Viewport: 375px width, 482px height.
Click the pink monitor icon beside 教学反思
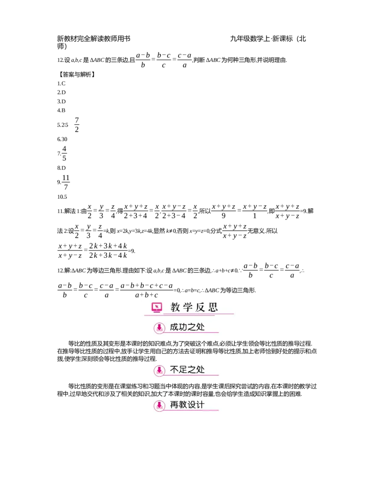click(157, 308)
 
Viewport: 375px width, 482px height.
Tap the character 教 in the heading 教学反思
click(175, 308)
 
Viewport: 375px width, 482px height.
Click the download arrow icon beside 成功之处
click(159, 328)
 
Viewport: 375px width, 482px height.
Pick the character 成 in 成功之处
click(174, 327)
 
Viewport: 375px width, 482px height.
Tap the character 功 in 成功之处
click(183, 327)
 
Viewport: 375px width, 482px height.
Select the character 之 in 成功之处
click(192, 327)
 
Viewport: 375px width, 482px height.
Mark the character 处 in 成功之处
click(201, 327)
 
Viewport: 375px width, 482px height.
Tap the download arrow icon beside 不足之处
click(159, 370)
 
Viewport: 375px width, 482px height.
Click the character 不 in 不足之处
click(174, 369)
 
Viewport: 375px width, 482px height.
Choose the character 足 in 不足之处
click(183, 369)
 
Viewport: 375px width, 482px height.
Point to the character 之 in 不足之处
click(192, 369)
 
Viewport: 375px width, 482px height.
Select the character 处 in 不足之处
click(201, 369)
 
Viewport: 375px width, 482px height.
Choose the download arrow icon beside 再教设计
click(159, 406)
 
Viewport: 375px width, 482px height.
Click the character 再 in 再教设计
click(174, 405)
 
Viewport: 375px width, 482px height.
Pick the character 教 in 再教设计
click(183, 405)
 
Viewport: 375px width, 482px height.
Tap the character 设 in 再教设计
click(192, 405)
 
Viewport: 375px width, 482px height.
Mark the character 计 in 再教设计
click(201, 405)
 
